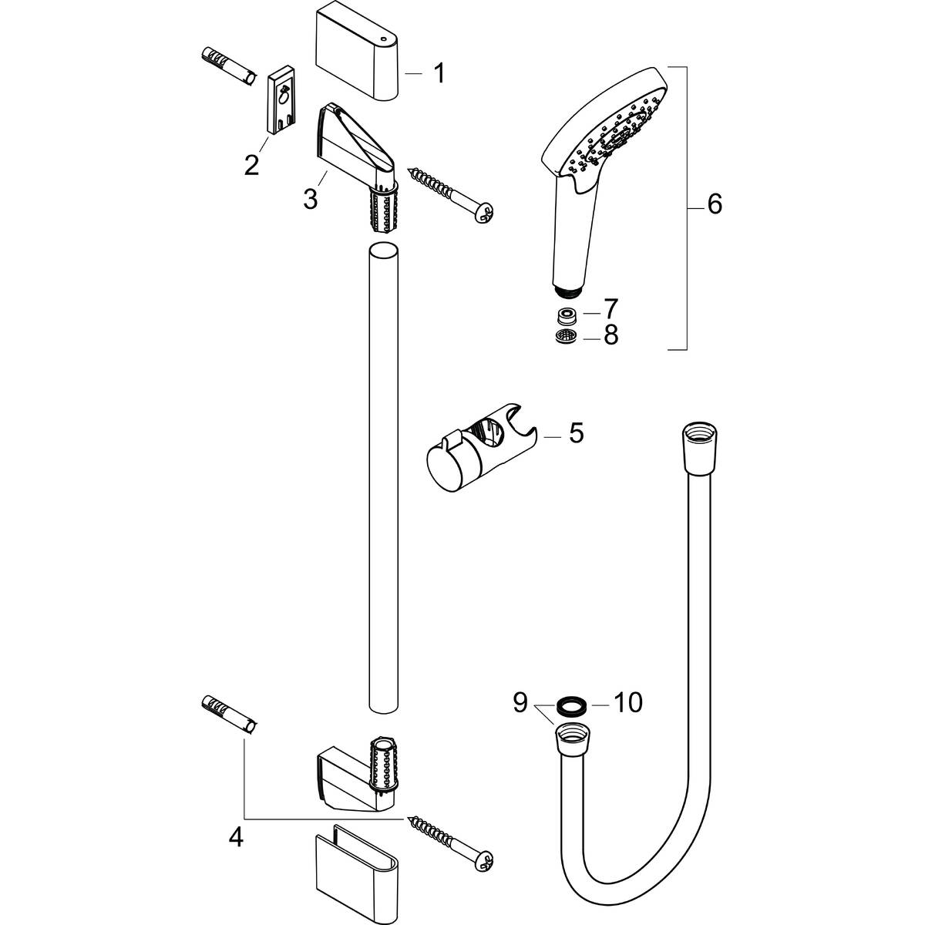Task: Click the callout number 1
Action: point(439,74)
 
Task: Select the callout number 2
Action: point(251,164)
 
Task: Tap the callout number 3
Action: point(310,199)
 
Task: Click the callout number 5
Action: point(576,433)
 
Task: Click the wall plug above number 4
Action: point(229,713)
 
